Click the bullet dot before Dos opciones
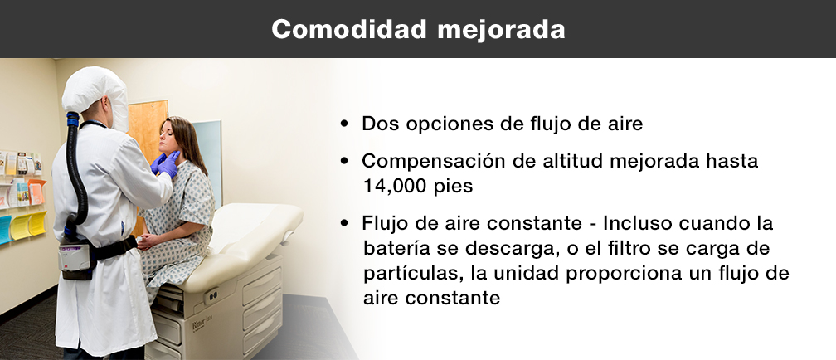coord(345,125)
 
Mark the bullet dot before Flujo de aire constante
coord(345,225)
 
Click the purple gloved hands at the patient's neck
coord(166,163)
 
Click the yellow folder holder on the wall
coord(27,224)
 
